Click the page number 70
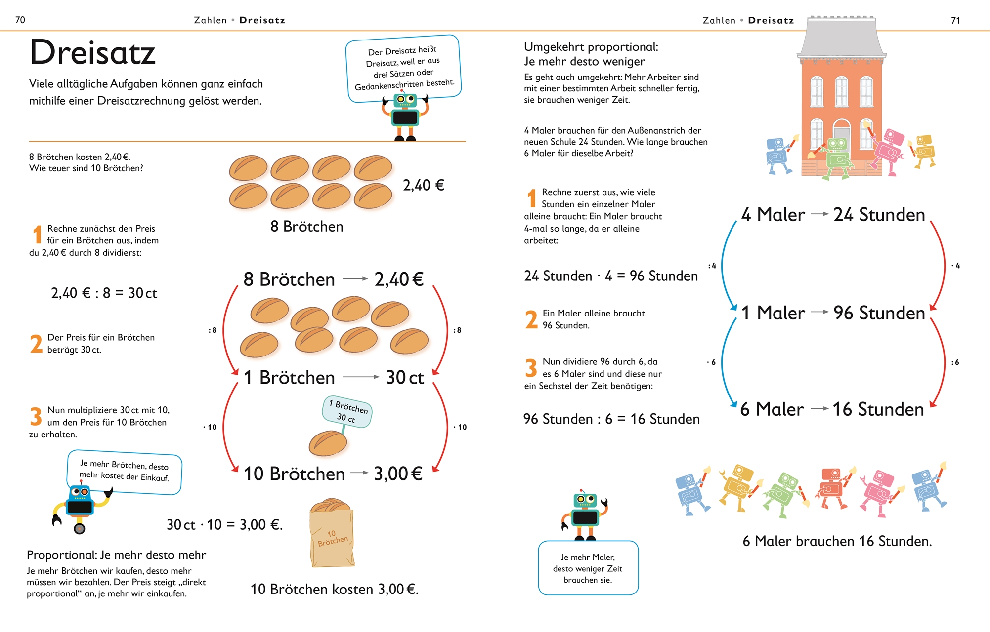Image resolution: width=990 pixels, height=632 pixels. tap(20, 20)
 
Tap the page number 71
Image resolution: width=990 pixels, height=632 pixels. tap(955, 20)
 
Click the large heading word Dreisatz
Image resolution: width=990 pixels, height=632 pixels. tap(92, 52)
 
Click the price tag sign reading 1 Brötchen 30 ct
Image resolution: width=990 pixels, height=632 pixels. tap(347, 411)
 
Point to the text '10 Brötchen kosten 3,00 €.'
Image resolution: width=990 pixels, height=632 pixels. tap(334, 589)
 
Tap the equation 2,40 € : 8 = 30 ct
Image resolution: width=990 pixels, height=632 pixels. tap(104, 293)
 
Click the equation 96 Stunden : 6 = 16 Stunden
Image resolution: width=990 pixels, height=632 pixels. tap(611, 419)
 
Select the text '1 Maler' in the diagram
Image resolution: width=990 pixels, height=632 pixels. tap(773, 313)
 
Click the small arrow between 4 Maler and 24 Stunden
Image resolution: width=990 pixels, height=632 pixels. tap(819, 214)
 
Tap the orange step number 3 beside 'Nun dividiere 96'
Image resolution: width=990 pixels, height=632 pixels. tap(531, 368)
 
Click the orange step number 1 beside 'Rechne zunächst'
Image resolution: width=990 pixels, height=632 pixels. tap(37, 235)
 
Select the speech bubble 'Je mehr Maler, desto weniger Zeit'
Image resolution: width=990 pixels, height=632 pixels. tap(588, 568)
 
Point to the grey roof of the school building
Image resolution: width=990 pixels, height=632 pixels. tap(841, 38)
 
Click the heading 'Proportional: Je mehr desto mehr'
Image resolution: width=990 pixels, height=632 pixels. tap(116, 555)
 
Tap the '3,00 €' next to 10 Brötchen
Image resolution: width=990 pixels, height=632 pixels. tap(398, 474)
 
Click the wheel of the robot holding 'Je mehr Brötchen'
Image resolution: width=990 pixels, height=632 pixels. tap(79, 529)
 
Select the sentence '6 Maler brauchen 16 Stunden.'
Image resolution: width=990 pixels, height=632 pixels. tap(837, 541)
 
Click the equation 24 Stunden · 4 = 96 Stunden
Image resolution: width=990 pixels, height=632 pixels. tap(611, 276)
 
